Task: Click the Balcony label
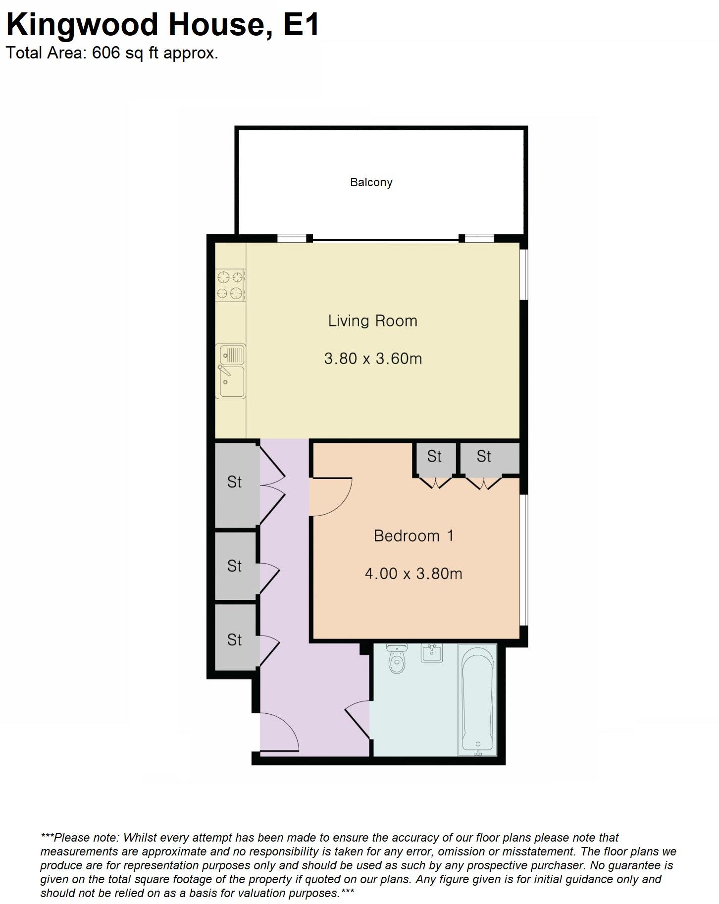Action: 371,182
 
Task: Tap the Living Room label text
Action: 372,320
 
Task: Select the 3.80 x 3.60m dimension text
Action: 373,358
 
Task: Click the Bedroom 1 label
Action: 413,535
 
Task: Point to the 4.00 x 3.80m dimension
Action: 413,574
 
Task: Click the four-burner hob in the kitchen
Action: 231,285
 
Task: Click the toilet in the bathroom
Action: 397,659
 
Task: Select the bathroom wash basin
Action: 432,652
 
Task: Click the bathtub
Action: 477,699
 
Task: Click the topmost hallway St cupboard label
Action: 234,481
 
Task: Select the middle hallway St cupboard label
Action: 234,566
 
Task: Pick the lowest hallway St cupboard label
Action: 234,640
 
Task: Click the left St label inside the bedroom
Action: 434,456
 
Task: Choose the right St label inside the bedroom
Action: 484,456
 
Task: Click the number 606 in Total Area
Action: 106,53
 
